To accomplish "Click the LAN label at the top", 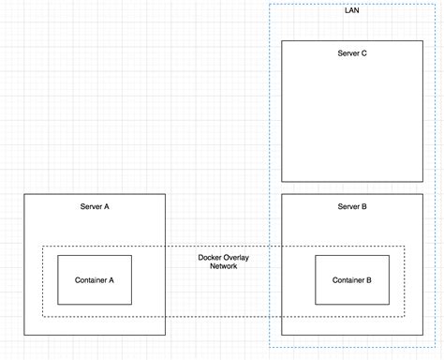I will tap(351, 10).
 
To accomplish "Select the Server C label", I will tap(351, 53).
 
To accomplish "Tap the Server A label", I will tap(95, 206).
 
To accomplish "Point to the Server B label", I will tap(351, 206).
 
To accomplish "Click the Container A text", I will tap(95, 279).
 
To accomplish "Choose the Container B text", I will tap(351, 279).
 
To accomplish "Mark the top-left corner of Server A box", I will tap(24, 194).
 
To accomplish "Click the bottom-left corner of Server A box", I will tap(24, 335).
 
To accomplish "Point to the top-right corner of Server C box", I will tap(422, 41).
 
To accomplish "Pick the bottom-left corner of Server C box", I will tap(282, 182).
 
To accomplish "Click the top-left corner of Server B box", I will tap(282, 194).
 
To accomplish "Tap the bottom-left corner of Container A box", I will tap(58, 304).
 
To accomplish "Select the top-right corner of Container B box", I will tap(388, 255).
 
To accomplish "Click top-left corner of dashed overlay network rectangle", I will tap(42, 247).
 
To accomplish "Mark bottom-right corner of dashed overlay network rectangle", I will tap(405, 317).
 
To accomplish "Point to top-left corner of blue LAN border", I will tap(270, 4).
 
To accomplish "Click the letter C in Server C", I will tap(363, 53).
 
